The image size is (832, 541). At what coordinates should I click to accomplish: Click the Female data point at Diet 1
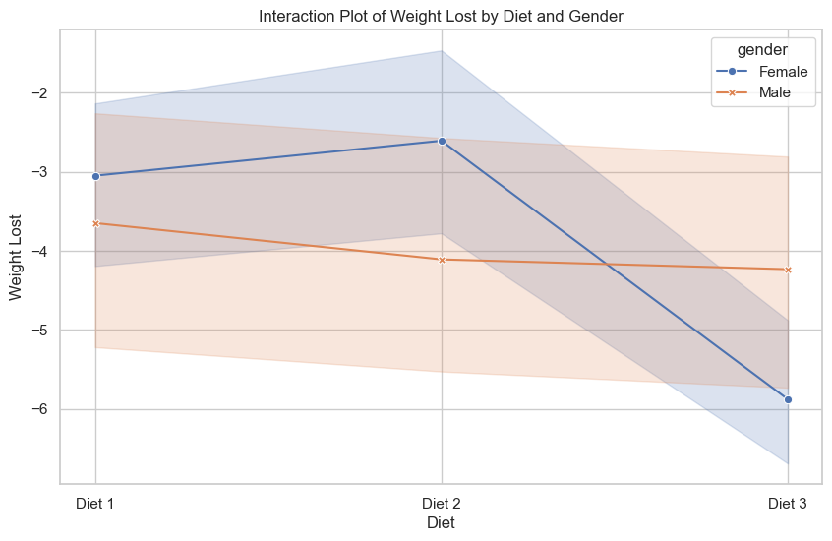(95, 176)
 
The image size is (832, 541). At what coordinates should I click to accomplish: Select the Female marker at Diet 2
(442, 141)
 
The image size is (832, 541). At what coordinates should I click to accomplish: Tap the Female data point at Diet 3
(788, 399)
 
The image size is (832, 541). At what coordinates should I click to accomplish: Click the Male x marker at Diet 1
(95, 223)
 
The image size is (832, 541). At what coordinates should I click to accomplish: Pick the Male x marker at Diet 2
(442, 260)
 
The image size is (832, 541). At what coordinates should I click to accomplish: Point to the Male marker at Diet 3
(788, 270)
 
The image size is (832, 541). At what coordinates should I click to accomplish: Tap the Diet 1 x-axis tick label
(95, 504)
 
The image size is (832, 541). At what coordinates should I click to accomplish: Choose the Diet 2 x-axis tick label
(442, 504)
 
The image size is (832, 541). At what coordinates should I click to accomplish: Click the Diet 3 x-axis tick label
(788, 504)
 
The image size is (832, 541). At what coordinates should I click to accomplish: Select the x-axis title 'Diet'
(441, 524)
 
